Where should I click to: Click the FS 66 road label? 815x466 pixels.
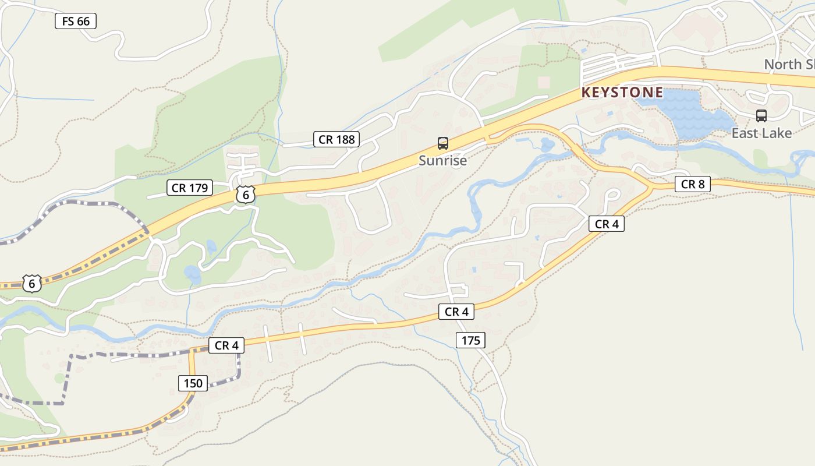[x=76, y=22]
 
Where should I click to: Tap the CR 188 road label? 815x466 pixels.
[x=336, y=139]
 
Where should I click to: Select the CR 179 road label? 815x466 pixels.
[x=190, y=188]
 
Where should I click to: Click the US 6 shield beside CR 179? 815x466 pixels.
[x=246, y=195]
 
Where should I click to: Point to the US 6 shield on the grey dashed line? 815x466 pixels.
[x=32, y=284]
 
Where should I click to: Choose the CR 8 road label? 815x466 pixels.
[x=693, y=184]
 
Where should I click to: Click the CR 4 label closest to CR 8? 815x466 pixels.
[x=606, y=224]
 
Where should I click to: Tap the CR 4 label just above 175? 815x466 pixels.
[x=456, y=312]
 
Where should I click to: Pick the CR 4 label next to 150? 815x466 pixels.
[x=226, y=345]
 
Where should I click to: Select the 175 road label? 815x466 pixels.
[x=470, y=340]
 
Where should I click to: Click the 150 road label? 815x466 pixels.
[x=193, y=383]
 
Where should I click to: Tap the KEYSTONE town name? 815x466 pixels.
[x=622, y=93]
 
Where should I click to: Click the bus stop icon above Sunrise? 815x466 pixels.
[x=443, y=143]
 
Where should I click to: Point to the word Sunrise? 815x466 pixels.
[x=442, y=161]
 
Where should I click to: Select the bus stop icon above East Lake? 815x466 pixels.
[x=761, y=116]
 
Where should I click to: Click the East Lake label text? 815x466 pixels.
[x=761, y=133]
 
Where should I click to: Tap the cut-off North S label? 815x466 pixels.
[x=789, y=65]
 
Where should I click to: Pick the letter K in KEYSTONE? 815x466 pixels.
[x=586, y=93]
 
